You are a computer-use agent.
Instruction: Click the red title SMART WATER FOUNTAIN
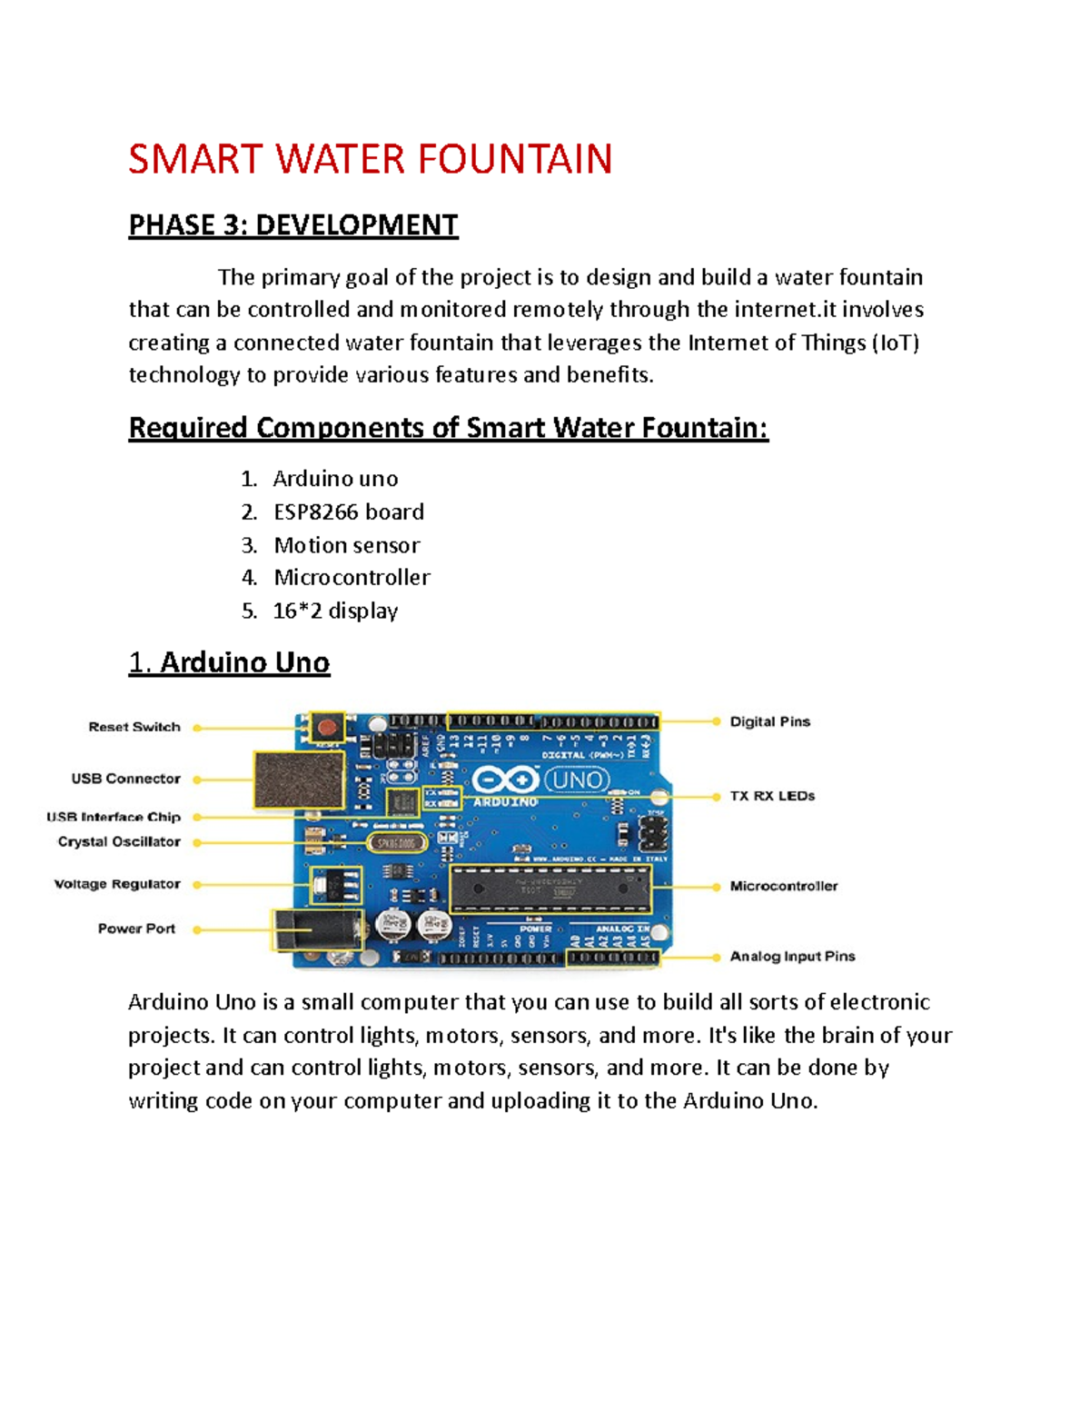click(x=370, y=159)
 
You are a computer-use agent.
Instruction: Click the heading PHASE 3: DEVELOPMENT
click(x=292, y=224)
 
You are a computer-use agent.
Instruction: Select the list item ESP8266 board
click(x=348, y=512)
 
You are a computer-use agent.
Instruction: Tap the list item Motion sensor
click(x=346, y=545)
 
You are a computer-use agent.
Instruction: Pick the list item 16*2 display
click(x=335, y=611)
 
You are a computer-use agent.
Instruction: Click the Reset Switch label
click(x=134, y=727)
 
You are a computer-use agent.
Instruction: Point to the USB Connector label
click(x=125, y=779)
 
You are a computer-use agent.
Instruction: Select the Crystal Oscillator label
click(x=119, y=841)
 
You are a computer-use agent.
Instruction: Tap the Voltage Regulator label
click(x=117, y=884)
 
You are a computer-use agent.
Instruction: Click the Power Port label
click(x=136, y=929)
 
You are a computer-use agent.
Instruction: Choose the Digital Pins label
click(x=770, y=721)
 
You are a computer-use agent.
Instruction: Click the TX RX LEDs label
click(x=772, y=796)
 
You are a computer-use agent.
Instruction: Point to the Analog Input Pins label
click(x=792, y=956)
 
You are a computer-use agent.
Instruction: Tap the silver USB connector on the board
click(x=298, y=780)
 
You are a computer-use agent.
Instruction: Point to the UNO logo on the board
click(x=577, y=780)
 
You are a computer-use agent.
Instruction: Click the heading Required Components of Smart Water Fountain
click(x=448, y=427)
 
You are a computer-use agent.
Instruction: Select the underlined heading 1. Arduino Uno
click(x=229, y=662)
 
